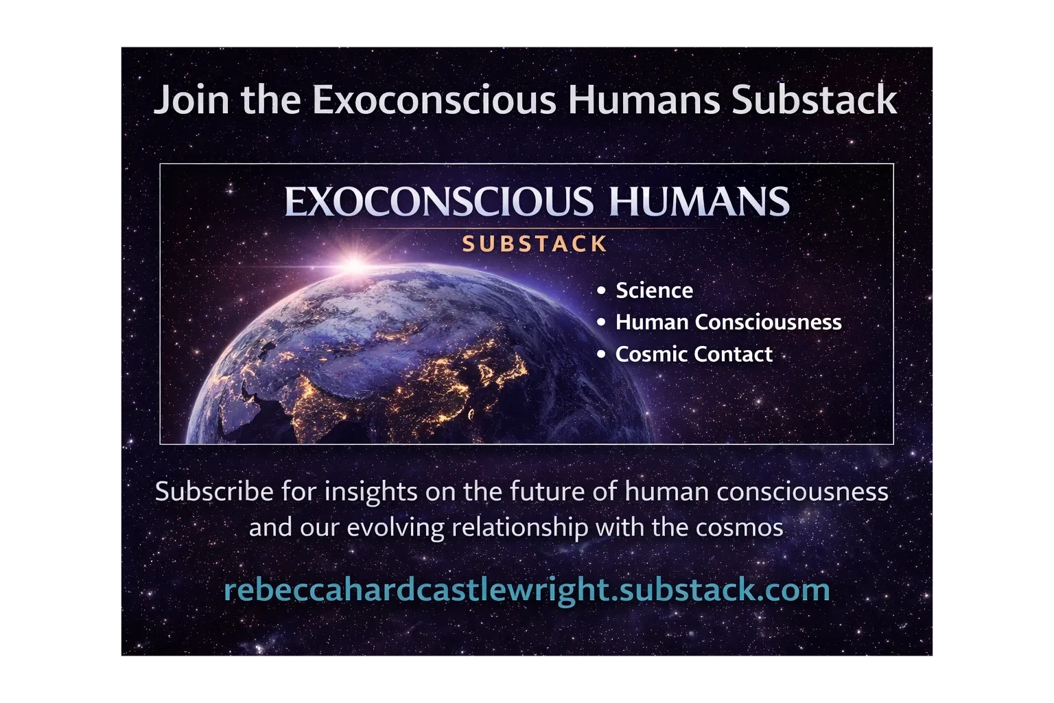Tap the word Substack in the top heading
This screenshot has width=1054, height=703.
tap(815, 100)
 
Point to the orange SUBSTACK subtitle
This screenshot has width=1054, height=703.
tap(535, 244)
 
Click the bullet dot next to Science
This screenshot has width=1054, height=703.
tap(601, 290)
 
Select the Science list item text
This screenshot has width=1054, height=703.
tap(654, 290)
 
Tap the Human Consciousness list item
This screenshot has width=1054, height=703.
tap(728, 322)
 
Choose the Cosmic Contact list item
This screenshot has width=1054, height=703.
tap(694, 354)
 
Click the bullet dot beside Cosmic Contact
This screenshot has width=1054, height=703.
tap(601, 354)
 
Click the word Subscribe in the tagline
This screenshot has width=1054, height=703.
tap(214, 492)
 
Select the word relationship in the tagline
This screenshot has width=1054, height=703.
tap(520, 527)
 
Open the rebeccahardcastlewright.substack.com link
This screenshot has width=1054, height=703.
tap(527, 590)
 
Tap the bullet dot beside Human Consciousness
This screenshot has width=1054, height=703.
tap(601, 323)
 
